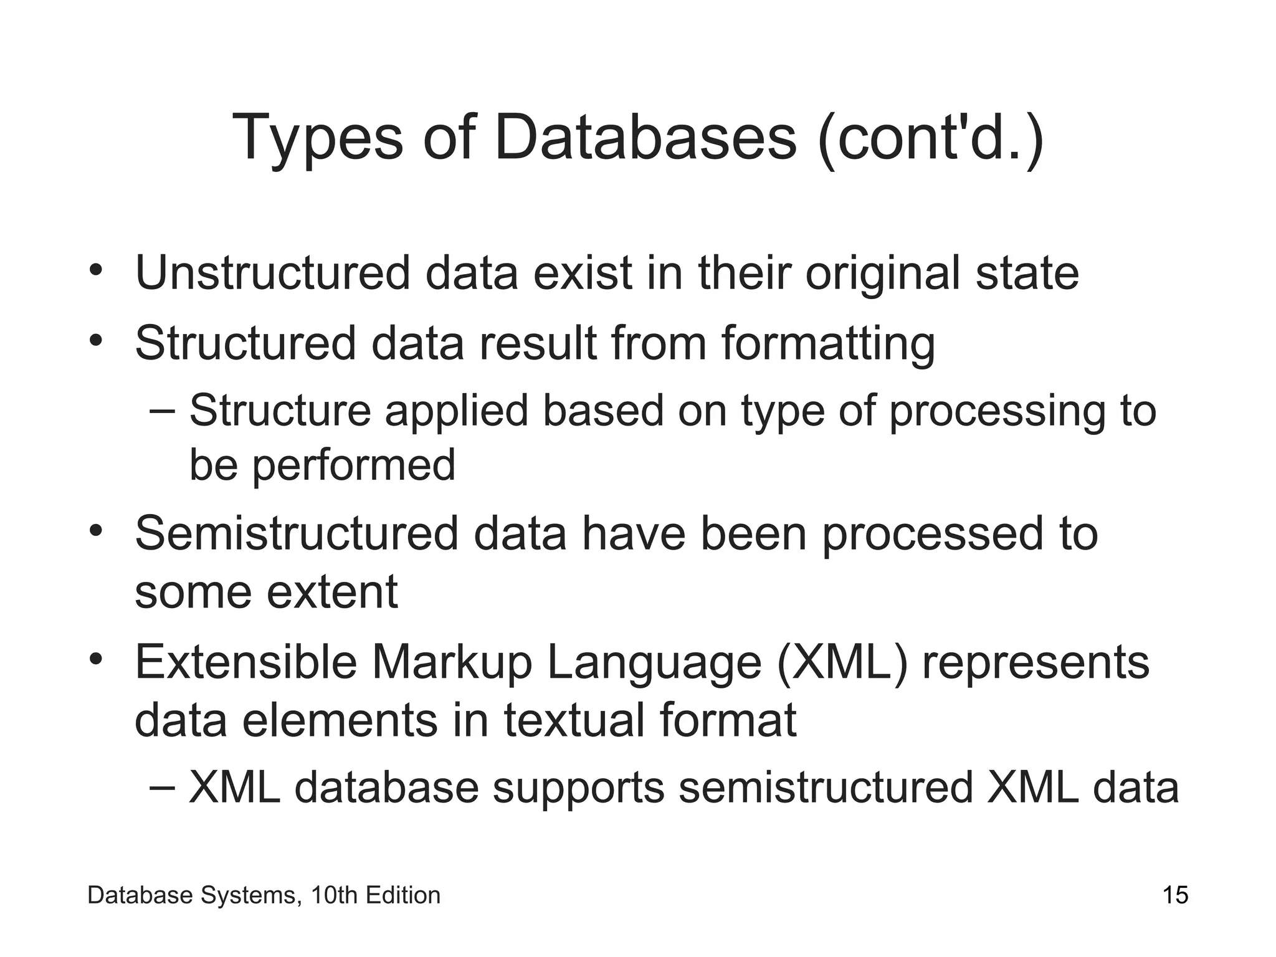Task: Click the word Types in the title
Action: click(x=317, y=138)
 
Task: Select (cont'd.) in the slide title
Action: click(x=931, y=138)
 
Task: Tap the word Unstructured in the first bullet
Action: click(x=273, y=274)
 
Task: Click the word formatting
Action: click(x=828, y=344)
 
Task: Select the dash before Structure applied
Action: click(x=163, y=412)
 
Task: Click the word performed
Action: click(x=353, y=465)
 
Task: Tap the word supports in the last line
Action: click(x=578, y=788)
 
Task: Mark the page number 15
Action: click(x=1175, y=895)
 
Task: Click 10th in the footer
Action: click(x=334, y=895)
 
